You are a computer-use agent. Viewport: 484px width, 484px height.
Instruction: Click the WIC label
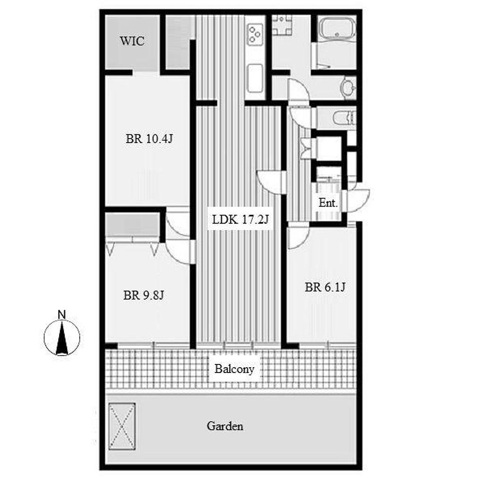pos(132,41)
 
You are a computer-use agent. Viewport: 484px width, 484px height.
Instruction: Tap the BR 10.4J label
pos(149,139)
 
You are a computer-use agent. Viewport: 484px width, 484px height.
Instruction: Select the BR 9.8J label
pos(144,295)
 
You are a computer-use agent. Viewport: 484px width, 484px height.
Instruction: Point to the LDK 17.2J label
pos(241,219)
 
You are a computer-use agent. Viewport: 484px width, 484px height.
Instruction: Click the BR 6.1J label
pos(325,287)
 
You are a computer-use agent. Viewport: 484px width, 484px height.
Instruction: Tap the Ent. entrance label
pos(328,203)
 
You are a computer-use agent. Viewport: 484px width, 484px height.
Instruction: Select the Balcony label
pos(234,369)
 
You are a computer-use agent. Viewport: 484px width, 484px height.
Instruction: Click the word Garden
pos(225,426)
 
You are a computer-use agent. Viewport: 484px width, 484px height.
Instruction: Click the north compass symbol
pos(62,337)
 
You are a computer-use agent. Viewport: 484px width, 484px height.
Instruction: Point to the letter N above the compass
pos(62,315)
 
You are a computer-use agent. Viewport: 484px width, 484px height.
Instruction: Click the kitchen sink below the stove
pos(255,78)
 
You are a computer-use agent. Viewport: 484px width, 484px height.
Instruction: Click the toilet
pos(345,118)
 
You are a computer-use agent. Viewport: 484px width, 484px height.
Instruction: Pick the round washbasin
pos(348,87)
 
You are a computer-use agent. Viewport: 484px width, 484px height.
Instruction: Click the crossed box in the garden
pos(122,426)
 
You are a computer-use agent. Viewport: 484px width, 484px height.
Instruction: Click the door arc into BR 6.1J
pos(298,238)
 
